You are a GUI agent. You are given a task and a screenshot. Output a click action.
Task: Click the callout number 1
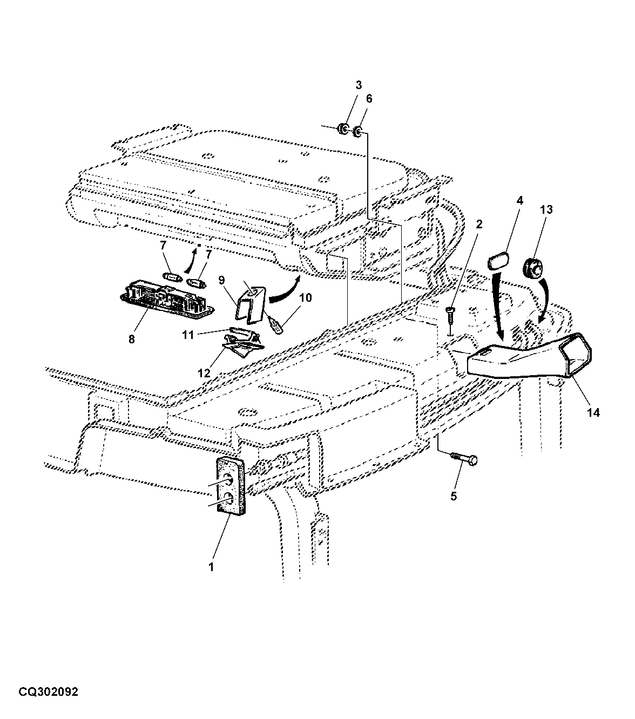coord(211,567)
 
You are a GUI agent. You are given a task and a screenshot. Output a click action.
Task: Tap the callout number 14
coord(593,413)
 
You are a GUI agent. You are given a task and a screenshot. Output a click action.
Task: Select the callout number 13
coord(546,210)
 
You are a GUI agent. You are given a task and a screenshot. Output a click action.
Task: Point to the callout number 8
coord(132,340)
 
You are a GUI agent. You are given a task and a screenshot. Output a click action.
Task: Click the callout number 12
coord(204,373)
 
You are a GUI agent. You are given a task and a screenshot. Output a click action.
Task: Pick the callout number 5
coord(454,497)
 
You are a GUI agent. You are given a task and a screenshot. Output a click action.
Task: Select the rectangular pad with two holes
coord(231,487)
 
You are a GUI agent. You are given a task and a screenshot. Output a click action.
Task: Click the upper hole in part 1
coord(228,480)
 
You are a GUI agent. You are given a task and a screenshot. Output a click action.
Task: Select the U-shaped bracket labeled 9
coord(250,305)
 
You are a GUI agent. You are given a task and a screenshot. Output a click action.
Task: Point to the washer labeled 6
coord(357,132)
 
